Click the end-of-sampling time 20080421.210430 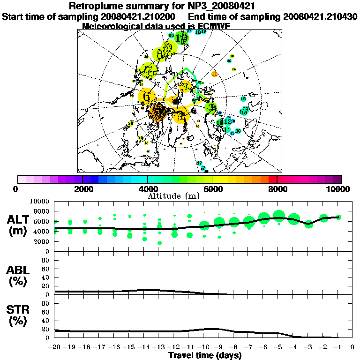pos(320,16)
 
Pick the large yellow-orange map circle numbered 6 pos(147,97)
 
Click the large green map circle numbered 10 pos(183,37)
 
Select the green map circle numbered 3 pos(211,107)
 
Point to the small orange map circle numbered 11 pos(215,74)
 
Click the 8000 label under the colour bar pos(277,189)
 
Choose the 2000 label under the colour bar pos(82,189)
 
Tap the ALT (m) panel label pos(20,225)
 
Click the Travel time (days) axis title pos(205,356)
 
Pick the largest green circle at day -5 pos(279,216)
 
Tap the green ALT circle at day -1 pos(339,217)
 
